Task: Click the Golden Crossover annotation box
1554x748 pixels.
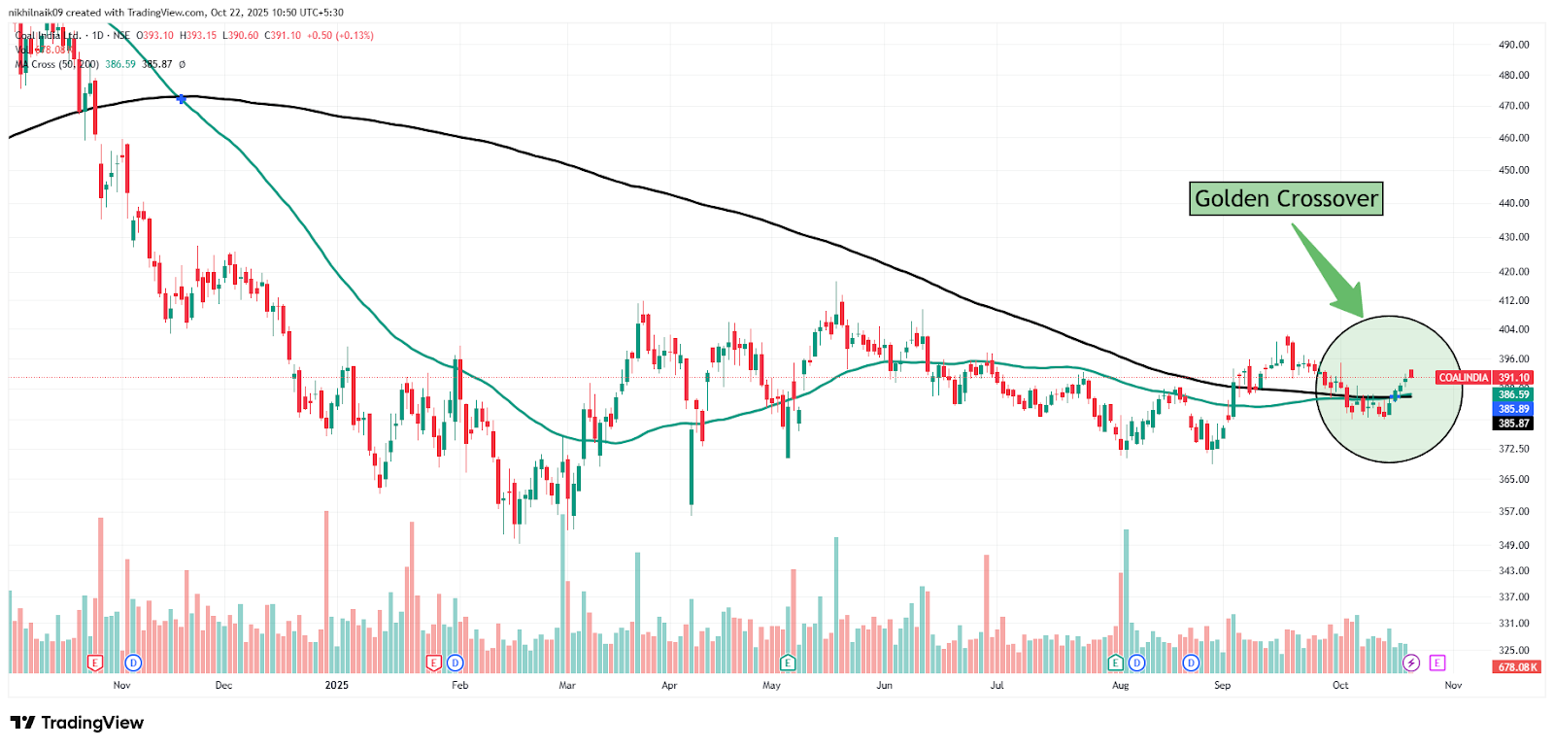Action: [x=1286, y=199]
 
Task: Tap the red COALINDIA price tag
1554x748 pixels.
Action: [x=1463, y=378]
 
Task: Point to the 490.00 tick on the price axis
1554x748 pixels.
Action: [x=1513, y=45]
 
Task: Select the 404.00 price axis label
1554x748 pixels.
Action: [x=1513, y=330]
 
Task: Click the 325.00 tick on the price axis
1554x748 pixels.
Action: [x=1513, y=651]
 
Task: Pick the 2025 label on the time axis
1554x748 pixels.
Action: [x=336, y=686]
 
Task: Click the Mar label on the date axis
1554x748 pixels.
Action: [x=567, y=686]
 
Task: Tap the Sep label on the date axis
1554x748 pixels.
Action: [x=1222, y=686]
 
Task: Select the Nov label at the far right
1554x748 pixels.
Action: [x=1453, y=686]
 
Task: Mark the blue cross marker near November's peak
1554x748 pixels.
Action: [x=182, y=99]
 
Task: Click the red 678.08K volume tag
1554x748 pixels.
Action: [x=1517, y=667]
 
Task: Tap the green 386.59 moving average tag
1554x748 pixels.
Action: [x=1513, y=394]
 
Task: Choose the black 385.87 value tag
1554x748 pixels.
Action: [x=1513, y=424]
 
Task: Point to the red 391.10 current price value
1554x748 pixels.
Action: [x=1513, y=378]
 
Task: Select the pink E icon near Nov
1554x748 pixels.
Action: [x=1437, y=663]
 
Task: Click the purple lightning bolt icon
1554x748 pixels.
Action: [x=1411, y=663]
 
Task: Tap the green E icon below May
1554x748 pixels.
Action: [x=788, y=663]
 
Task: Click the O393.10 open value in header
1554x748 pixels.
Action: [x=154, y=36]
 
